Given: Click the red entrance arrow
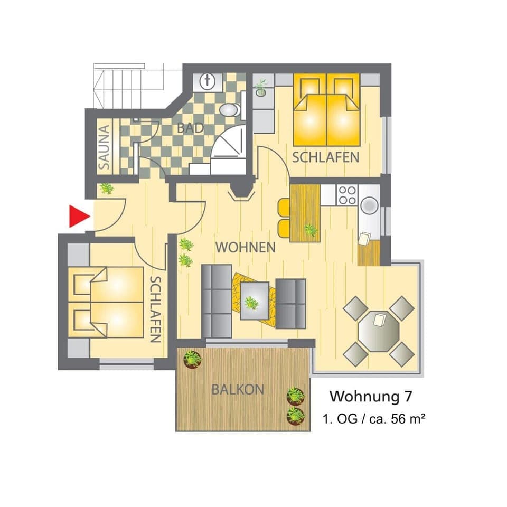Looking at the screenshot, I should (78, 217).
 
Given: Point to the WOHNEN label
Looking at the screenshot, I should (245, 247).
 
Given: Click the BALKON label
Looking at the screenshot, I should (238, 390).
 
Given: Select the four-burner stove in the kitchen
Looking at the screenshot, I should (347, 195).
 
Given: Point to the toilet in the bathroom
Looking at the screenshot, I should (207, 82).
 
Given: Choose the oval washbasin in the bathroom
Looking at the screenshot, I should (229, 110).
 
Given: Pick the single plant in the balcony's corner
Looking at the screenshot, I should (192, 359).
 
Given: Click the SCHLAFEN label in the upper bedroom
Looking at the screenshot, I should (326, 157).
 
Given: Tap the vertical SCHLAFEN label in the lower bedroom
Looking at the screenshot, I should (155, 309).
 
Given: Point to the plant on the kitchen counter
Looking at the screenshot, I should (311, 229).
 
